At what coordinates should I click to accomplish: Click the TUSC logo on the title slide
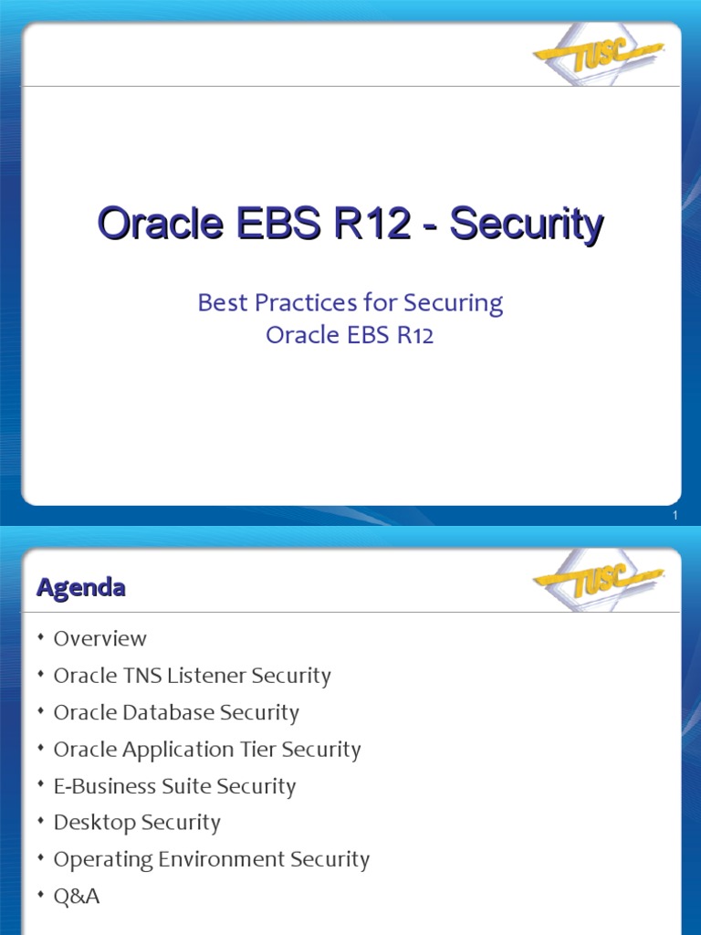click(598, 54)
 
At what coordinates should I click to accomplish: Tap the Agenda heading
click(80, 588)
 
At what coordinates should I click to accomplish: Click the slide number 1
click(675, 518)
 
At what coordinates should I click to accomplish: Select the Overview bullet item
click(99, 638)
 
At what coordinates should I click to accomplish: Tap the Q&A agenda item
click(77, 897)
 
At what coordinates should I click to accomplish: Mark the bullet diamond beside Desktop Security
click(41, 822)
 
